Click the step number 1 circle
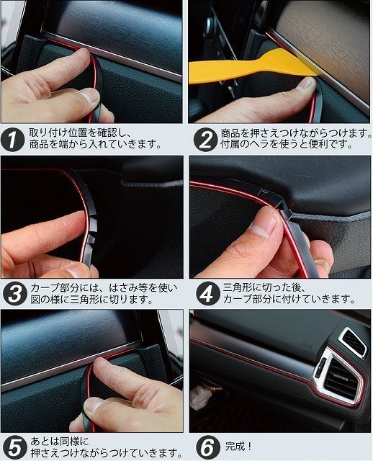tap(12, 139)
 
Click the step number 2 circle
tap(205, 140)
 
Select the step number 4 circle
tap(208, 294)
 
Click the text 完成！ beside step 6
tap(238, 447)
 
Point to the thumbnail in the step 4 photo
tap(265, 225)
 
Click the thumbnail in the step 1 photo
tap(89, 95)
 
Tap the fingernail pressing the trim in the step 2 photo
tap(305, 84)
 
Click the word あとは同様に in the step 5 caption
tap(60, 442)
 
